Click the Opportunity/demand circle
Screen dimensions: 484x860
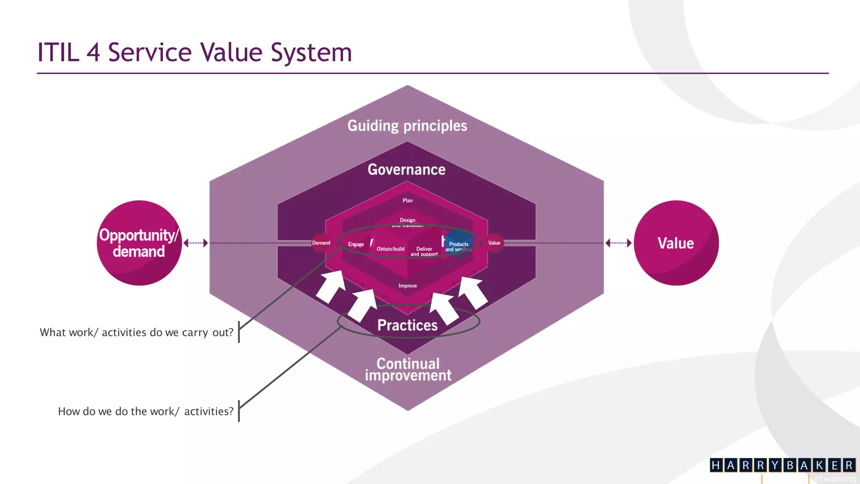tap(139, 243)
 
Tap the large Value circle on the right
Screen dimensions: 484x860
tap(676, 243)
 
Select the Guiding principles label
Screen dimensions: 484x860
tap(407, 126)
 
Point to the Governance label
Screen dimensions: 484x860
tap(406, 169)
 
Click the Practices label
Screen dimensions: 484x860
tap(407, 325)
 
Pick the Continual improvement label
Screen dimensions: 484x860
tap(408, 369)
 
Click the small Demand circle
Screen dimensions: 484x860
tap(321, 243)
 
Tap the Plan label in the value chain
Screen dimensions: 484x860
tap(407, 200)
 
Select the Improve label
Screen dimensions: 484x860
tap(407, 286)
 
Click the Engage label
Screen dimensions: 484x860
tap(356, 244)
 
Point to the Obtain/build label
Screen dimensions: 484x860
tap(391, 249)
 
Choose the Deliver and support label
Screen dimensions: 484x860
tap(424, 251)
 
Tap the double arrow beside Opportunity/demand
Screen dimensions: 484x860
tap(196, 243)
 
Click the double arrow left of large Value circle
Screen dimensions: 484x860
tap(619, 243)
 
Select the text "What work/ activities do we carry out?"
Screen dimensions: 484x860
tap(136, 332)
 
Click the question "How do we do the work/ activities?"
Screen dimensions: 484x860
tap(145, 411)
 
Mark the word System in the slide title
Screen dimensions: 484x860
tap(311, 53)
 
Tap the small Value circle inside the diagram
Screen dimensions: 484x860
tap(494, 243)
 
